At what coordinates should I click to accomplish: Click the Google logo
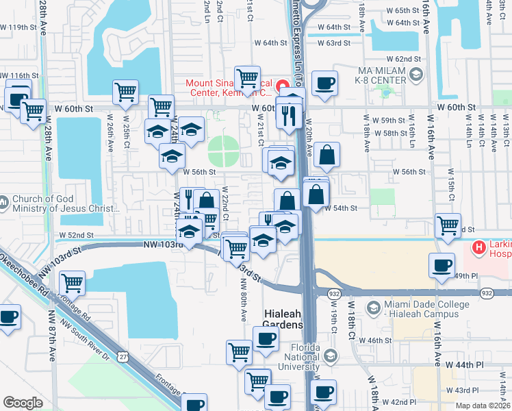coord(23,403)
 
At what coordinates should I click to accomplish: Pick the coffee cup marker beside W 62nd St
coord(324,84)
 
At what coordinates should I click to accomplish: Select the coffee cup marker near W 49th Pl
coord(442,265)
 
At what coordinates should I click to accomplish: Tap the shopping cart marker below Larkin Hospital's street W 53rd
coord(448,225)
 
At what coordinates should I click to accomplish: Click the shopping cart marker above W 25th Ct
coord(125,92)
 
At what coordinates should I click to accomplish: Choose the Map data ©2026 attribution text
coord(483,406)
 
